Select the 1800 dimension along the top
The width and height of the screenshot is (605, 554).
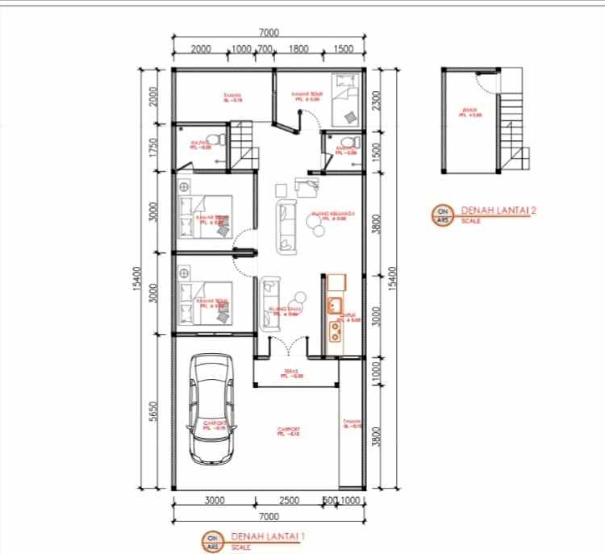[x=298, y=49]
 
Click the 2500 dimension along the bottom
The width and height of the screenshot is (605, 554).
[x=288, y=500]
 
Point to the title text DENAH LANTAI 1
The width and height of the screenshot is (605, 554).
[x=268, y=535]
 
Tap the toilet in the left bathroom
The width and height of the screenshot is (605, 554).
[x=210, y=138]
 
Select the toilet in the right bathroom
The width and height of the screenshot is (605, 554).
[x=347, y=144]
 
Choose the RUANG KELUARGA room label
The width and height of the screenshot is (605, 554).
[x=328, y=215]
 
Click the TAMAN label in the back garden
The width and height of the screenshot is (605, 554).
[x=233, y=98]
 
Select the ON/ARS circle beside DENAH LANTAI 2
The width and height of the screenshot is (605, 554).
[x=443, y=215]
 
